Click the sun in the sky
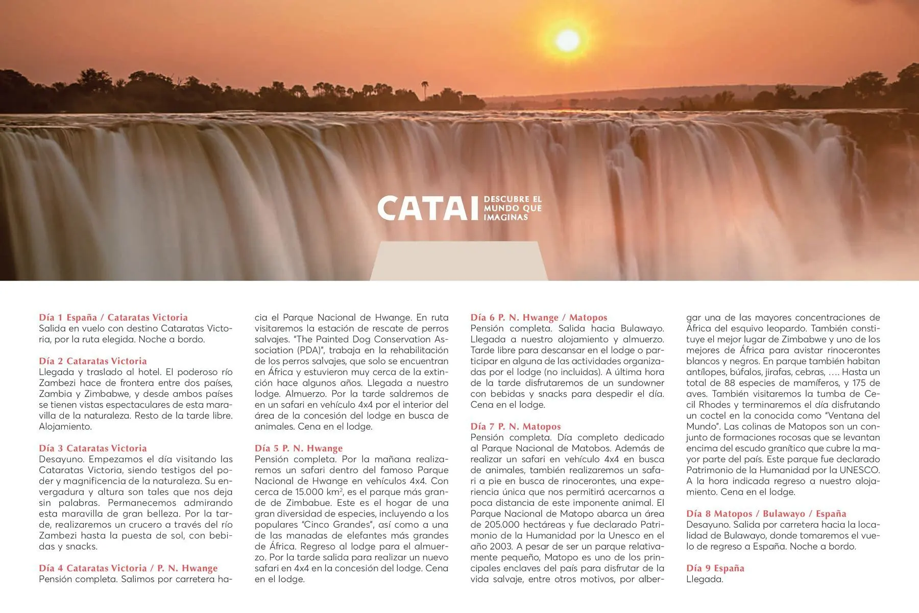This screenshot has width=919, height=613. (x=567, y=40)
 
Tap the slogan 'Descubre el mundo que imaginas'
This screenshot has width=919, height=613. (x=512, y=208)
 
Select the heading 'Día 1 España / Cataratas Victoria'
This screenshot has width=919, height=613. (x=113, y=317)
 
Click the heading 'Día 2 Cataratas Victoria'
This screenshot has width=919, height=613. (x=93, y=361)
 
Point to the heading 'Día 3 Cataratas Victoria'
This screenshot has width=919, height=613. (x=93, y=449)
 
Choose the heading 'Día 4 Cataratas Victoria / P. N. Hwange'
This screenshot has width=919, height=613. (x=128, y=568)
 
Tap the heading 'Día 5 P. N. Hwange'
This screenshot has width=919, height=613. (x=299, y=449)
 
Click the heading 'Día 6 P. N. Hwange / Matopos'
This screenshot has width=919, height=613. (x=539, y=317)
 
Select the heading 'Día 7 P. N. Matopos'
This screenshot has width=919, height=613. (x=516, y=427)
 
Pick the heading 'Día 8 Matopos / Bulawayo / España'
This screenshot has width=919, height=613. (x=766, y=514)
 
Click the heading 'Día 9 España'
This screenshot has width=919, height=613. (x=715, y=568)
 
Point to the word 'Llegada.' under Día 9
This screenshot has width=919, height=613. (x=705, y=579)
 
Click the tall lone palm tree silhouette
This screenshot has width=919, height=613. (x=425, y=90)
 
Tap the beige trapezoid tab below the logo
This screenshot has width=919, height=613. (x=458, y=261)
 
